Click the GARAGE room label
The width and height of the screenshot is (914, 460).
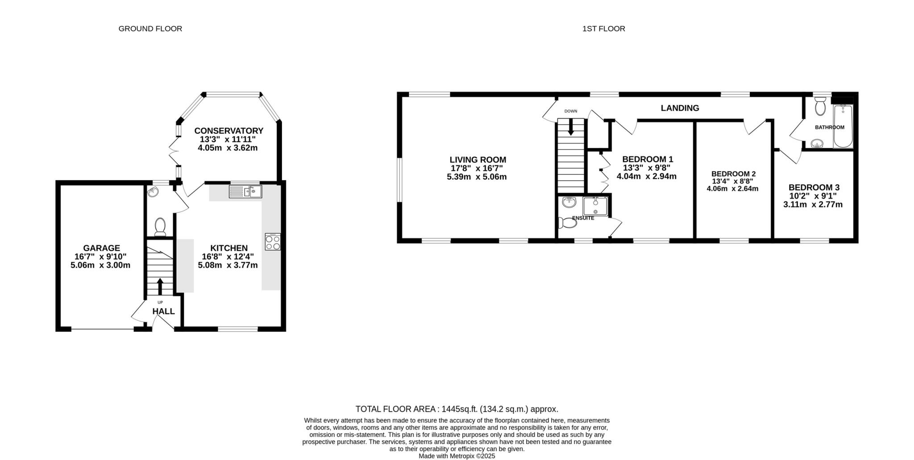(x=101, y=248)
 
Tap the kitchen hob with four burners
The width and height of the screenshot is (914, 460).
(x=273, y=241)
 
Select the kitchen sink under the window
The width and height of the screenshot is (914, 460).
(x=245, y=191)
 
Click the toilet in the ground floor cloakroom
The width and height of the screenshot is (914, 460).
(x=160, y=226)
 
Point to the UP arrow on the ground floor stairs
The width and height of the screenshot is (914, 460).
(x=160, y=286)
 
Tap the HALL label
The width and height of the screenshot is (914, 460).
(x=163, y=311)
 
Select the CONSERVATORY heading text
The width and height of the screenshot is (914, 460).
(x=228, y=131)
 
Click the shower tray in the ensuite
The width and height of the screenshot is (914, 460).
(x=595, y=206)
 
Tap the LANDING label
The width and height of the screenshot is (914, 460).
(x=680, y=108)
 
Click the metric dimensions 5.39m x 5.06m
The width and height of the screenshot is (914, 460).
(x=477, y=177)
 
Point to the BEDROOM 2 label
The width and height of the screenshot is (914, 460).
(x=733, y=174)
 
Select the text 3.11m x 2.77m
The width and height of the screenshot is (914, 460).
(x=813, y=205)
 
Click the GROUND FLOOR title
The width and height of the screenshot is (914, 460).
(x=150, y=29)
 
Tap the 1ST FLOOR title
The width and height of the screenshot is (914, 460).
(x=603, y=29)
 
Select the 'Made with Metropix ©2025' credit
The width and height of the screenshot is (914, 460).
(x=457, y=456)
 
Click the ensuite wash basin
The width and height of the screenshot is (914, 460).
(x=569, y=203)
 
